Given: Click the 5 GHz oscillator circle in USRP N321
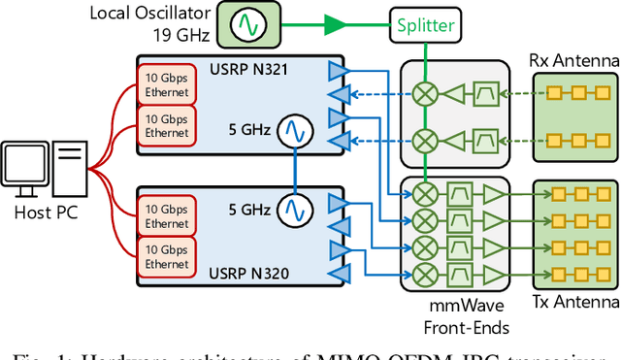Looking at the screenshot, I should click(292, 129).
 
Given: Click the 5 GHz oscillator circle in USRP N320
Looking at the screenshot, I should click(292, 208).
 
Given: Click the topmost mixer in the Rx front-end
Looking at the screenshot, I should click(424, 94).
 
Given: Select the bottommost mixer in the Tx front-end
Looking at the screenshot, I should click(424, 272).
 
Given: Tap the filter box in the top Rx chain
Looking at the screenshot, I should click(484, 94).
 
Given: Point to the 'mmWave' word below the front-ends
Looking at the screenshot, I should click(453, 309).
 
